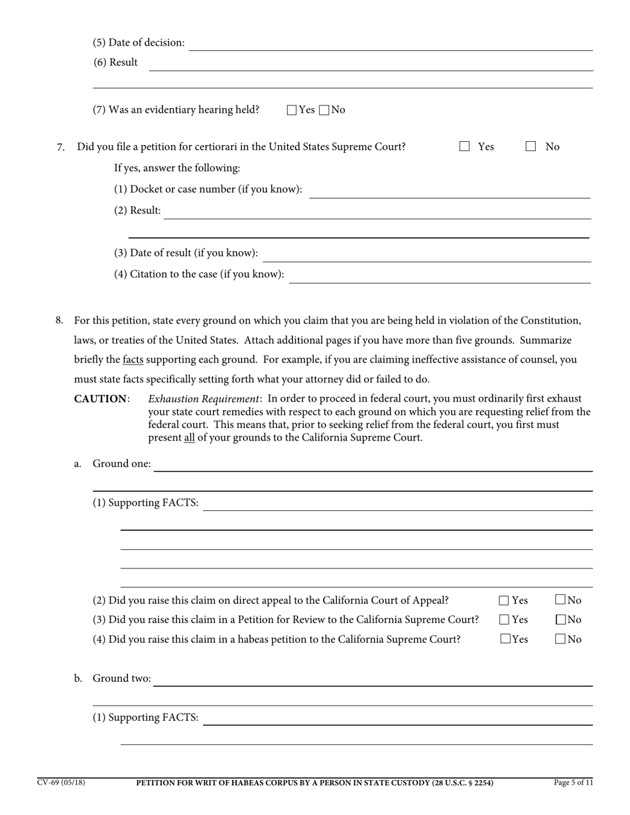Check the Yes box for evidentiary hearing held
[x=292, y=111]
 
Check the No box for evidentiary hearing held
[x=324, y=111]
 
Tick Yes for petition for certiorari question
[x=464, y=146]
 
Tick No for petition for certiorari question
[x=531, y=146]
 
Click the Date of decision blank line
[x=391, y=44]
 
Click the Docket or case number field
[x=449, y=191]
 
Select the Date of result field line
[x=426, y=254]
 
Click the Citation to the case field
[x=440, y=276]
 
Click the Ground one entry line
[x=373, y=465]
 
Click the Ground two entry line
[x=373, y=680]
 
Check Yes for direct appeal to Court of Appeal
[x=504, y=601]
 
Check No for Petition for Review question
[x=560, y=620]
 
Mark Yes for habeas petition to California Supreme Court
[x=505, y=639]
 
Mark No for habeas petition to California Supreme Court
[x=560, y=639]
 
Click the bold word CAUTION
[x=100, y=399]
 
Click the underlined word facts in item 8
[x=133, y=360]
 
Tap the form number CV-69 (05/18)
[x=61, y=783]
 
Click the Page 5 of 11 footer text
[x=574, y=783]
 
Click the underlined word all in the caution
[x=189, y=438]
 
